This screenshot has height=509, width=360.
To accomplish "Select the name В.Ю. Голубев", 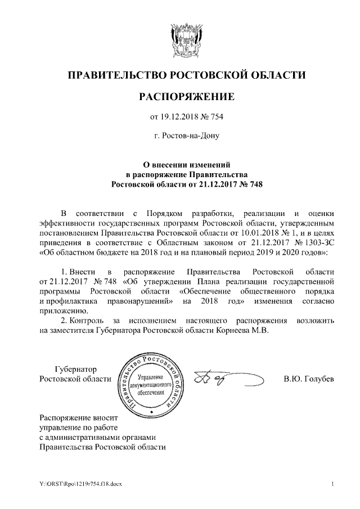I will pos(308,379).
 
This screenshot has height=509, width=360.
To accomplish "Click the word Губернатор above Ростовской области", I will pos(75,369).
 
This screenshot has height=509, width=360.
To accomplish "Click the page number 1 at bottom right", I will pos(333,484).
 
